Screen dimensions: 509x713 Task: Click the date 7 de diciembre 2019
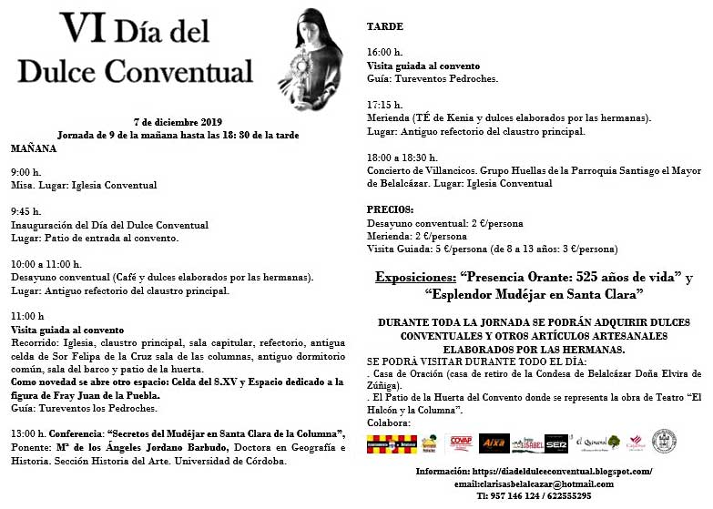coord(178,122)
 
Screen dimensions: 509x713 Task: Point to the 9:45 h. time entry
coord(25,211)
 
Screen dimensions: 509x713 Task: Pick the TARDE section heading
coord(384,27)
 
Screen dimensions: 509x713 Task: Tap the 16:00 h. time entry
coord(384,53)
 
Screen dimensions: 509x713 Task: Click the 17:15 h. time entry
coord(384,106)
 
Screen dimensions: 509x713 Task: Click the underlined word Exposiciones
coord(415,277)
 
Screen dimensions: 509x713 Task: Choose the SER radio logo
coord(556,443)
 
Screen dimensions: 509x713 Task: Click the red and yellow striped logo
coord(391,443)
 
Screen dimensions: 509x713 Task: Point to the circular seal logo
coord(664,441)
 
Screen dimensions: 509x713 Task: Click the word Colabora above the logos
coord(388,422)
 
